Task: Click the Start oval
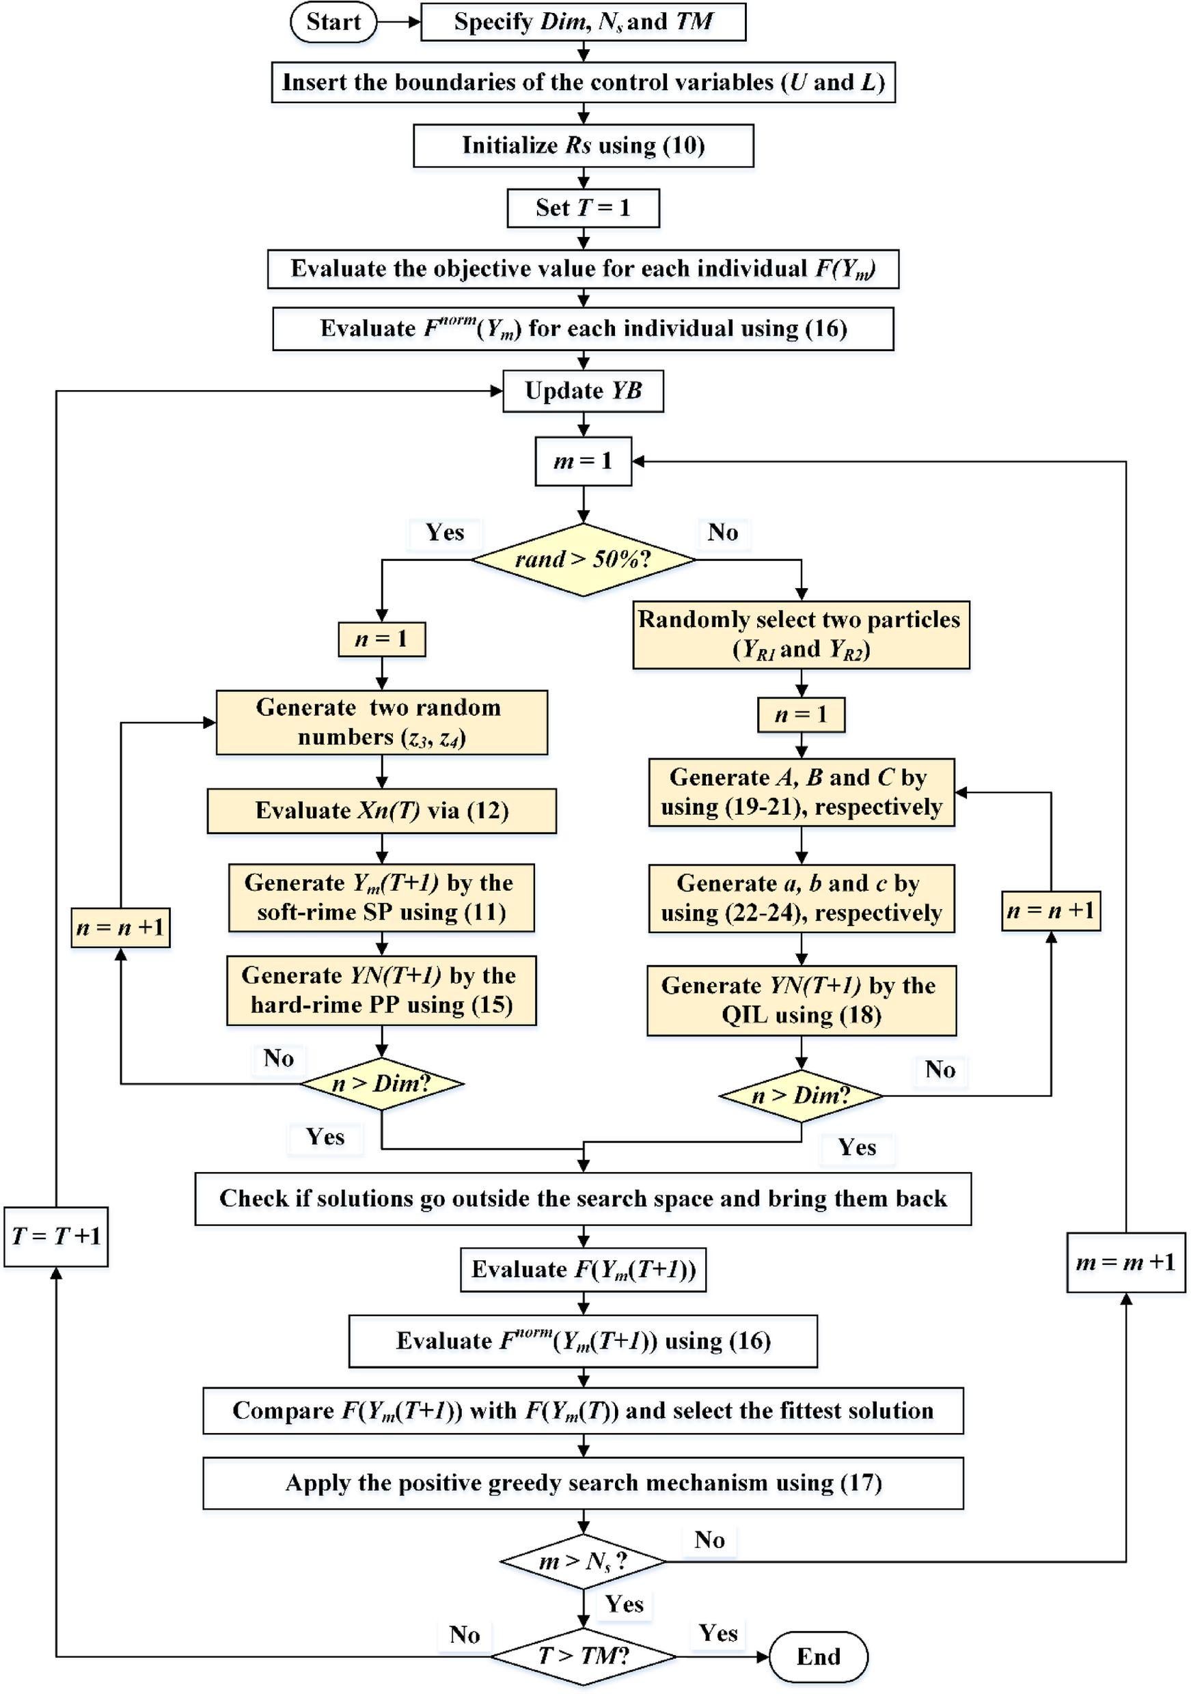coord(333,22)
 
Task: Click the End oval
coord(818,1656)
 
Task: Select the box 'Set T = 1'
coord(583,208)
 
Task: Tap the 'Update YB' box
coord(583,391)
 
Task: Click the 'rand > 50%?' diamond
coord(583,560)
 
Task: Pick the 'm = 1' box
coord(583,462)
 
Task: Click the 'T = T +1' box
coord(56,1236)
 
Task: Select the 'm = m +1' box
coord(1125,1262)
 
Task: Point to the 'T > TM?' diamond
coord(583,1656)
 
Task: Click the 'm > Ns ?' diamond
coord(583,1561)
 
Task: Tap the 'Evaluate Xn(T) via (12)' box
coord(381,811)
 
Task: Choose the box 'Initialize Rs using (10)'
coord(583,145)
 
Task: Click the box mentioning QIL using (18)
coord(802,1001)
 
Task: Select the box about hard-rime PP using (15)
coord(381,990)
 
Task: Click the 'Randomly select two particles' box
coord(801,635)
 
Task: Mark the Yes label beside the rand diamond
coord(445,533)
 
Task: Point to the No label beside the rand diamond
coord(722,533)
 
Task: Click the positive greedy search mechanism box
coord(583,1483)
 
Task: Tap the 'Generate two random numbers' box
coord(381,722)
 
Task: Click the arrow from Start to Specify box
coord(398,22)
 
